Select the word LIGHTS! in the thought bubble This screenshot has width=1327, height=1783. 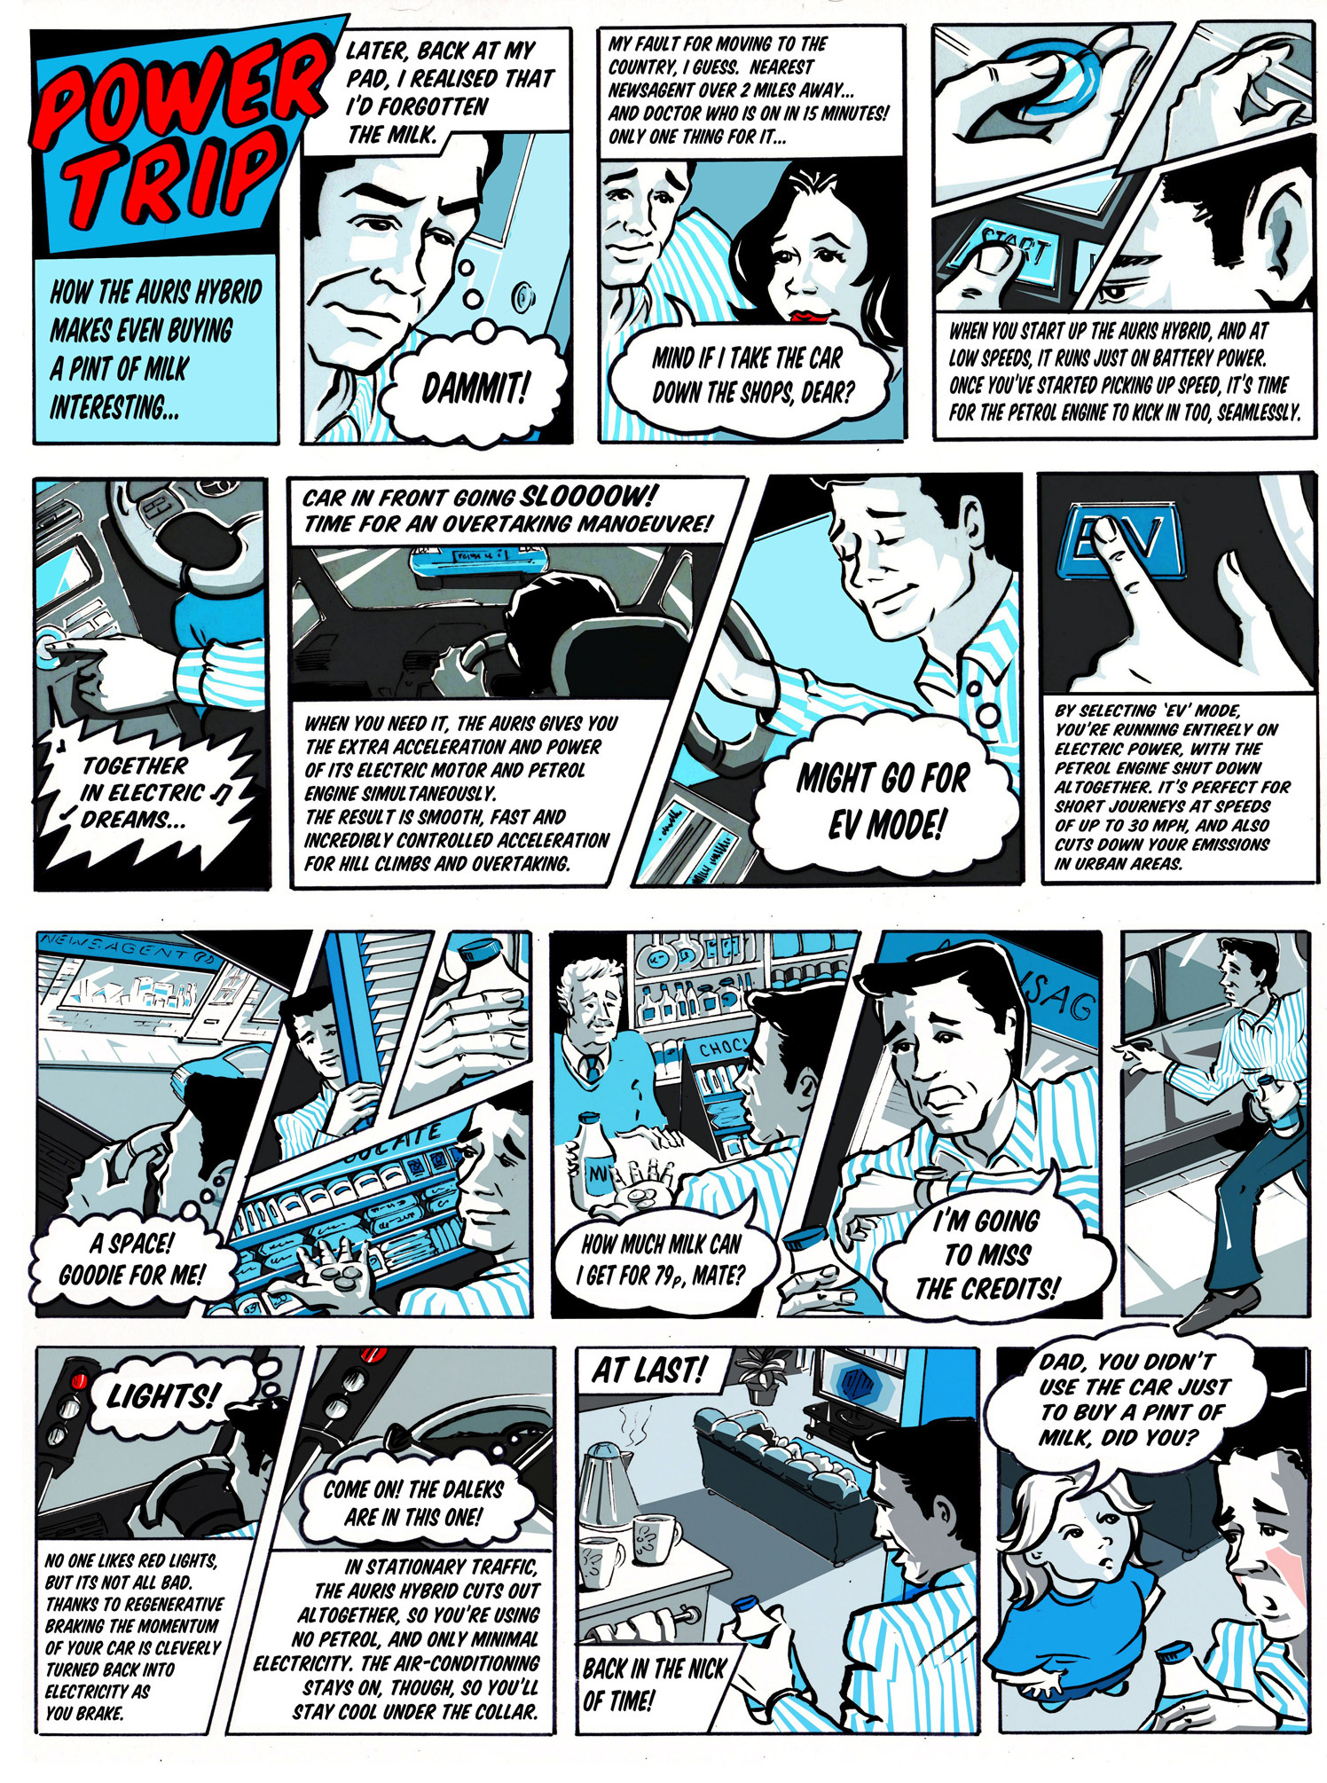161,1396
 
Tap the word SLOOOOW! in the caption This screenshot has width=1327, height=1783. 589,495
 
